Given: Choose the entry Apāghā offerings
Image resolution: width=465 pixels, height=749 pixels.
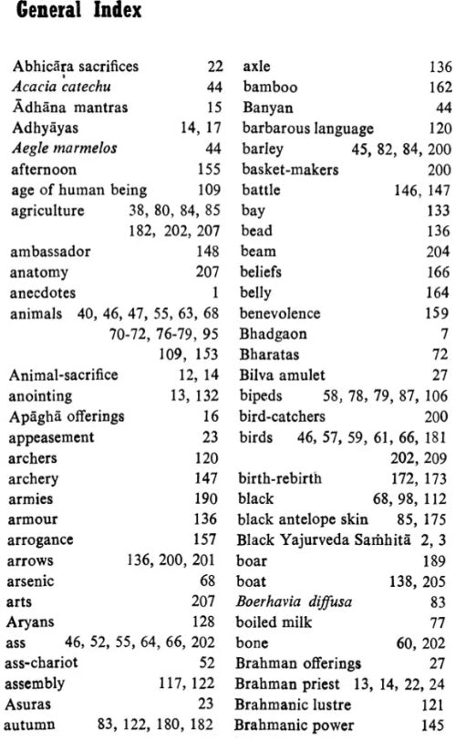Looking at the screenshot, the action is point(67,416).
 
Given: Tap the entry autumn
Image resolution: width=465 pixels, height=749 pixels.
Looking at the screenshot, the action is point(31,725).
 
